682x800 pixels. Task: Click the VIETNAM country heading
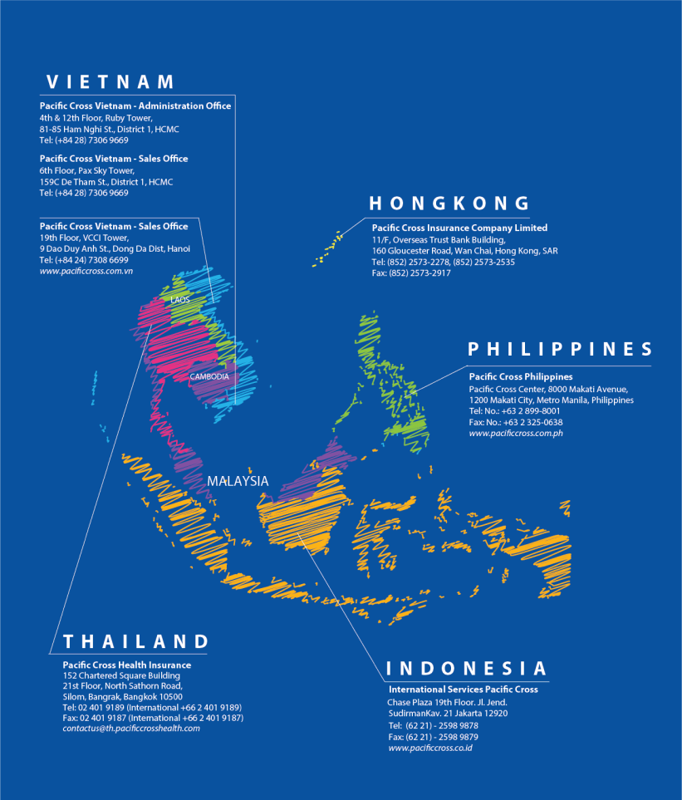(x=110, y=81)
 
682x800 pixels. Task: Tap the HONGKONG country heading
(x=449, y=204)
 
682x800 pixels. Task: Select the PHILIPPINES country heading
(x=560, y=349)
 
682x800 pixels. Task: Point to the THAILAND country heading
(x=136, y=641)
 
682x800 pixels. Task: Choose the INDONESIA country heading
(x=467, y=669)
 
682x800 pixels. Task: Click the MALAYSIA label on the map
(x=238, y=481)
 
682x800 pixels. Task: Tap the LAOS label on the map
(x=180, y=299)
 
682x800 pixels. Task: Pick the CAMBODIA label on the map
(x=209, y=376)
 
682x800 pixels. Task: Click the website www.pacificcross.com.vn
(x=87, y=272)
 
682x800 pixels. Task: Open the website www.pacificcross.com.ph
(x=516, y=434)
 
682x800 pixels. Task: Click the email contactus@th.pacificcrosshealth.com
(x=131, y=729)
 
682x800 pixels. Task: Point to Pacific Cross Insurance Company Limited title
(x=459, y=228)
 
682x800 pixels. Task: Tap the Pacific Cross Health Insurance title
(x=126, y=665)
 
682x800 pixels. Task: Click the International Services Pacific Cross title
(x=463, y=690)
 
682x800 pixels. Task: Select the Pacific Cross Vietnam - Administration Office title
(x=135, y=106)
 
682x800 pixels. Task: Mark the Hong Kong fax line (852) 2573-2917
(x=411, y=273)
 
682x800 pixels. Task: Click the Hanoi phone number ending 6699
(x=84, y=260)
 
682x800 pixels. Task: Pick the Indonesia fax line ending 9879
(x=433, y=737)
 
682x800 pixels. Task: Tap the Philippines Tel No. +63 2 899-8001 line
(x=514, y=411)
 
